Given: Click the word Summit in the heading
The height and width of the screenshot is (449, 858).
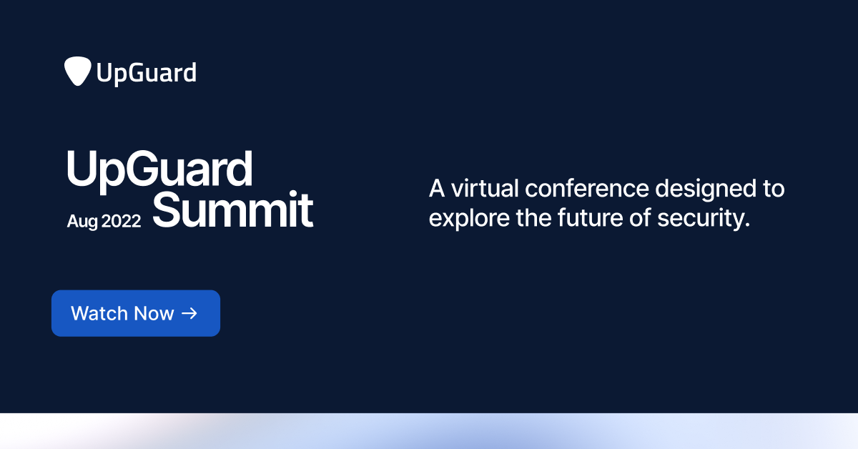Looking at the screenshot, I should point(233,209).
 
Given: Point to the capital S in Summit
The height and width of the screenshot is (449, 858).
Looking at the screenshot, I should point(166,209).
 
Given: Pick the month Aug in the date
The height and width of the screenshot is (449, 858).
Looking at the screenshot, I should point(82,222).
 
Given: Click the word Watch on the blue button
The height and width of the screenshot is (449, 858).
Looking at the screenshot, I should point(97,313).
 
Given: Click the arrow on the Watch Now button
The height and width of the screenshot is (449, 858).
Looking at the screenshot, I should point(189,313).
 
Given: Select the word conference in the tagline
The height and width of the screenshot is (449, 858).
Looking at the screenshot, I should point(586,189).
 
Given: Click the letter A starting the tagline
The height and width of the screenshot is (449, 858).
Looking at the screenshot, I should point(436,189).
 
